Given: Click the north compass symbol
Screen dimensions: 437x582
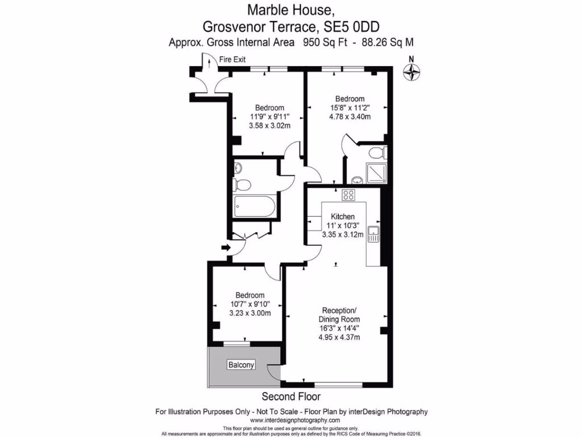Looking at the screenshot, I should [411, 71].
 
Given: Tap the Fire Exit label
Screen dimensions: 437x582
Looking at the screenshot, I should [232, 59].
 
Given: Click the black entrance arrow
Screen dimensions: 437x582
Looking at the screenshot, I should [226, 248].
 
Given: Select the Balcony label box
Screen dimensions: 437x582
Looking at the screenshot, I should [242, 365].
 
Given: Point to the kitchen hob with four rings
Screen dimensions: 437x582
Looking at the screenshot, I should [348, 195].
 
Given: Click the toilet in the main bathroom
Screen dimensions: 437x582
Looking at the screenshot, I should [242, 184].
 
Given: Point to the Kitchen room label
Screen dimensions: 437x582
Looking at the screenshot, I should [343, 216].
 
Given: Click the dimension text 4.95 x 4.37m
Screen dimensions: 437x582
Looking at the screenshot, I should [339, 337].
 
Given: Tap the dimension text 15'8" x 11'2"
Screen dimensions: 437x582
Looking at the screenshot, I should [350, 108].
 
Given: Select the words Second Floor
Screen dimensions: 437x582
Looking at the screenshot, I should [291, 396].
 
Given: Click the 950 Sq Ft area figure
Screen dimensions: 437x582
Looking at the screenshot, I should [321, 42].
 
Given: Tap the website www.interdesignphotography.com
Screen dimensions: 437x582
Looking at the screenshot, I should [291, 420].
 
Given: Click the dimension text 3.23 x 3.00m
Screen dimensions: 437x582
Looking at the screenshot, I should [250, 313].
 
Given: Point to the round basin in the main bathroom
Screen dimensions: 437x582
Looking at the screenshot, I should [238, 167].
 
